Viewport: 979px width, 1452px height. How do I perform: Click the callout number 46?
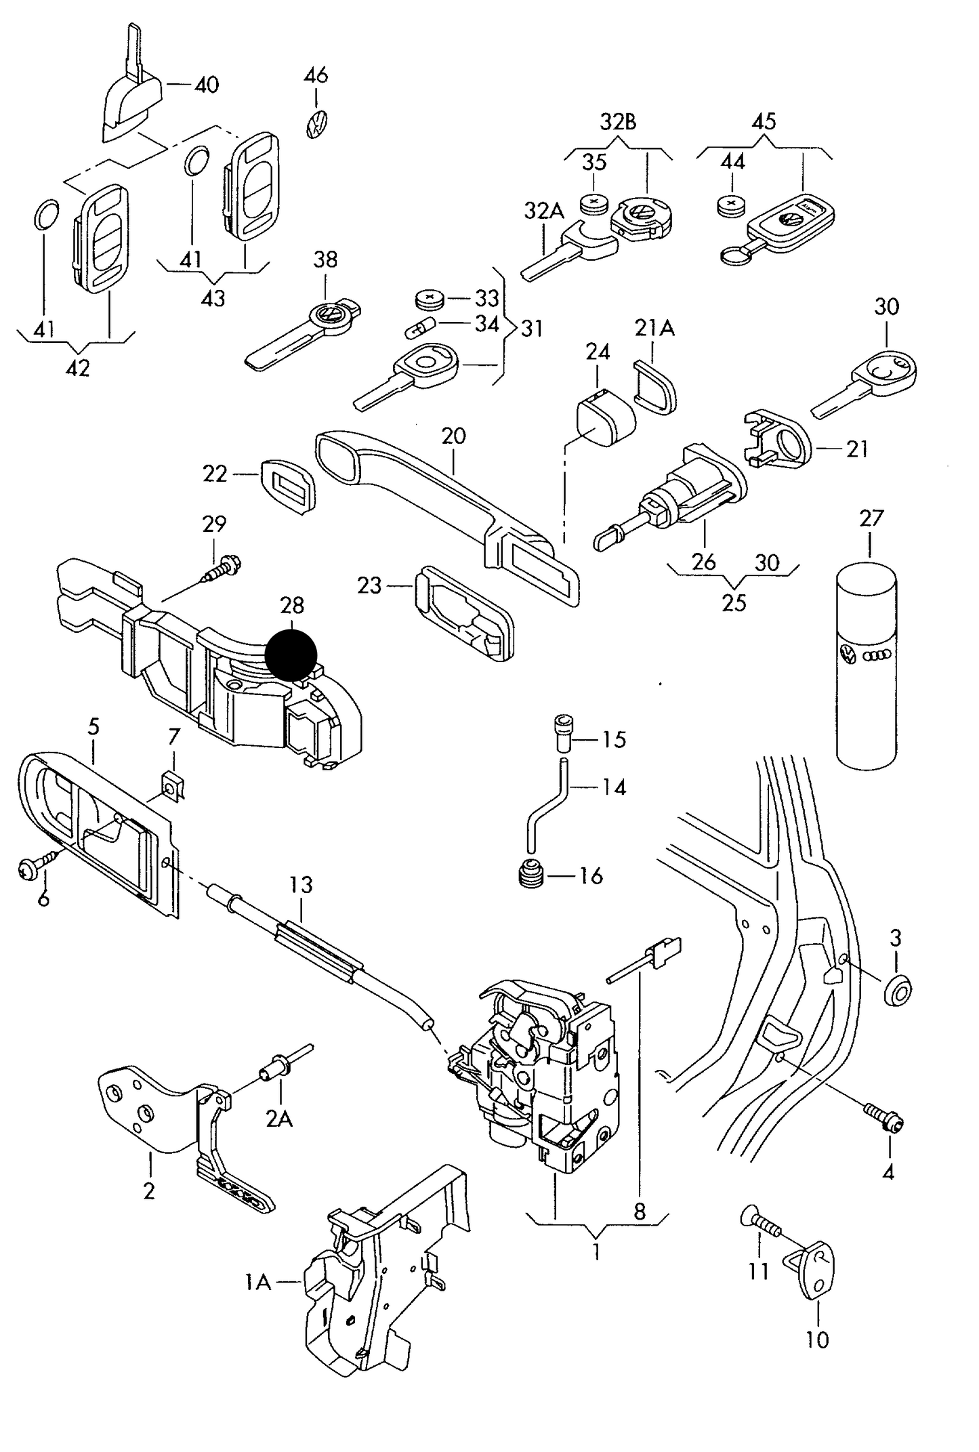(316, 75)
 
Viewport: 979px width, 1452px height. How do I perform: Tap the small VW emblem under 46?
(316, 124)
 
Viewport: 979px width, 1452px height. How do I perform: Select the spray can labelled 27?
(867, 665)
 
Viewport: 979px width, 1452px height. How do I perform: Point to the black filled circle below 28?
(291, 655)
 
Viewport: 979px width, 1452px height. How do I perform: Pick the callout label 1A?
(257, 1282)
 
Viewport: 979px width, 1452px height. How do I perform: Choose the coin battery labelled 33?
(429, 297)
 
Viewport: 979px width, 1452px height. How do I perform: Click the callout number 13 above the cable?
(301, 885)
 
